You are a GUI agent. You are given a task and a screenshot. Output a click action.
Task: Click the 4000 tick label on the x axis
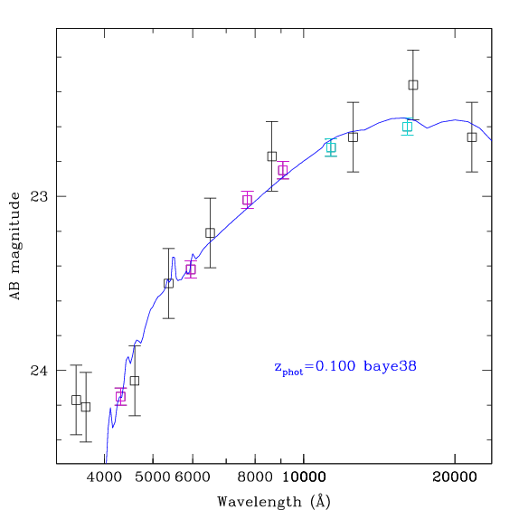[104, 477]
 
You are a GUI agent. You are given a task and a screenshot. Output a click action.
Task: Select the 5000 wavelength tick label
[153, 477]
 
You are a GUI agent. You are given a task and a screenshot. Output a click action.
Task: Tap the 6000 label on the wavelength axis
[193, 477]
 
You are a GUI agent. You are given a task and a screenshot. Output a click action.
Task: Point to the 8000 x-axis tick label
[255, 477]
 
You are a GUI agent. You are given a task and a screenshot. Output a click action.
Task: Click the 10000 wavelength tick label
[304, 477]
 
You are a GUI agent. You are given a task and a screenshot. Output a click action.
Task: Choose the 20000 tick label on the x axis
[455, 477]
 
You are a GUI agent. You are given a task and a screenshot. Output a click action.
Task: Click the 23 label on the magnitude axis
[39, 196]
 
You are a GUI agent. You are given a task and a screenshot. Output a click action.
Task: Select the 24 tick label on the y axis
[39, 371]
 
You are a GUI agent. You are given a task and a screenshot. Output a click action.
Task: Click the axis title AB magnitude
[14, 246]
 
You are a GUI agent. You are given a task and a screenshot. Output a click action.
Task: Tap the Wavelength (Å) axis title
[274, 502]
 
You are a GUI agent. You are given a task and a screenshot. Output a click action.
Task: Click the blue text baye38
[390, 366]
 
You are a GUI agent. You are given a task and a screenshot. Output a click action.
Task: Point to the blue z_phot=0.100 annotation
[315, 367]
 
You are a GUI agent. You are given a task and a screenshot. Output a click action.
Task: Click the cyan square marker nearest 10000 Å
[331, 147]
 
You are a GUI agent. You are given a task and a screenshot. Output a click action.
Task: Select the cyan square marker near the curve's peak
[408, 127]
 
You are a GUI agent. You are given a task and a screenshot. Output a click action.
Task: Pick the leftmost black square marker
[76, 400]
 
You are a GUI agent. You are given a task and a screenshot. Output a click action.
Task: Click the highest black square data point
[413, 85]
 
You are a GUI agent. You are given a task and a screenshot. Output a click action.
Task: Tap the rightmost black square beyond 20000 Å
[472, 137]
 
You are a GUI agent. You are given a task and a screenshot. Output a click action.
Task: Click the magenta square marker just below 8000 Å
[247, 200]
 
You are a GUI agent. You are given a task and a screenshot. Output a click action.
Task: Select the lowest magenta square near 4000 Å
[120, 397]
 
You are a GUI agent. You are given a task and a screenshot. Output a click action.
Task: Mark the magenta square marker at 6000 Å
[191, 269]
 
